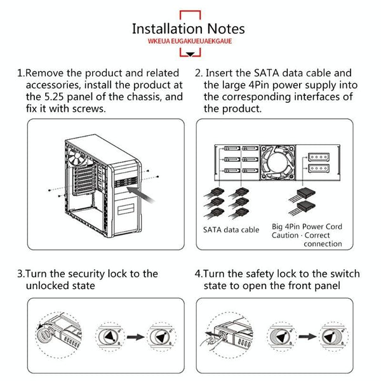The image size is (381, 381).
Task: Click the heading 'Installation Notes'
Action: pyautogui.click(x=188, y=29)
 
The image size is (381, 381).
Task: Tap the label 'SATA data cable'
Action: pyautogui.click(x=231, y=229)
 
